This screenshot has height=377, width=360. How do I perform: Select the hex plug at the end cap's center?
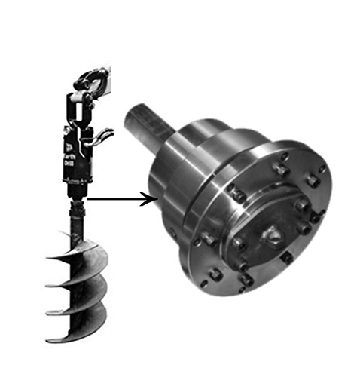[273, 236]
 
